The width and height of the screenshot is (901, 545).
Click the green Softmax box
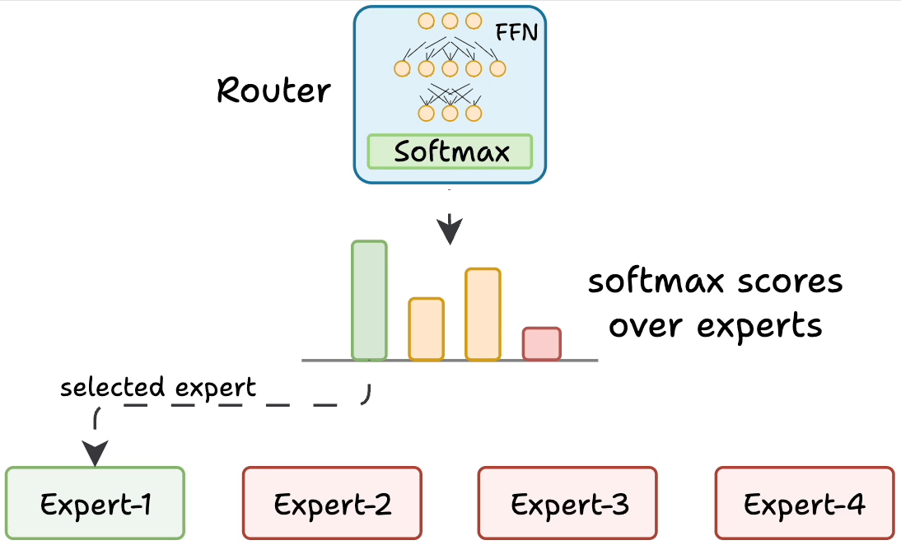[x=450, y=151]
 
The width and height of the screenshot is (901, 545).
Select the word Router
[x=273, y=90]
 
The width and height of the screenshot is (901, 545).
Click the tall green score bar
[x=369, y=300]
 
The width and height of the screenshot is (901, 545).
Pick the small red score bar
[x=542, y=344]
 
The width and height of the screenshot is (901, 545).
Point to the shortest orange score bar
[x=427, y=329]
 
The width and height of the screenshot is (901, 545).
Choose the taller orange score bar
[x=483, y=314]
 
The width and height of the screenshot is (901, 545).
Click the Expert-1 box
[x=95, y=503]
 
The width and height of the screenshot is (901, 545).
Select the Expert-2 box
[x=332, y=503]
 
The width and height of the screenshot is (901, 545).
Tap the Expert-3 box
[x=568, y=503]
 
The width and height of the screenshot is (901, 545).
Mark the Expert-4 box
[x=805, y=503]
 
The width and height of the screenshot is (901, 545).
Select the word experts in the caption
[x=759, y=326]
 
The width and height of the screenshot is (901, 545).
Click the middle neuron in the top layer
[x=450, y=21]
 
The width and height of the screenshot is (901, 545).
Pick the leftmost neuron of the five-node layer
[x=403, y=68]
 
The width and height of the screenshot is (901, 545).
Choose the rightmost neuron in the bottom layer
[x=474, y=112]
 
